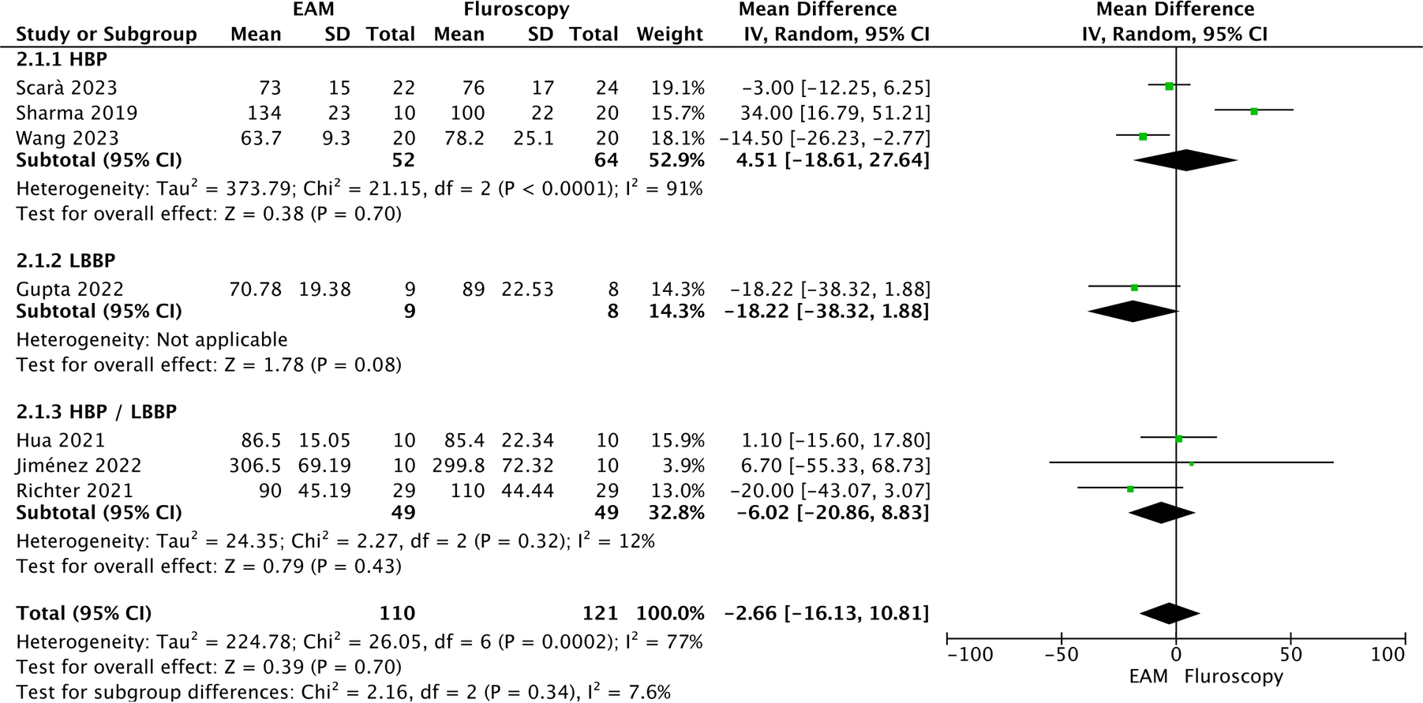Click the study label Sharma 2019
point(77,113)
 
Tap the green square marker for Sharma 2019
point(1253,111)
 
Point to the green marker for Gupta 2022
point(1134,288)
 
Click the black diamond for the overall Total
point(1170,613)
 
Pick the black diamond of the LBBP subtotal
point(1133,311)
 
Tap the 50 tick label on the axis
point(1290,654)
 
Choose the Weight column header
point(669,34)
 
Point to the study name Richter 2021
point(75,491)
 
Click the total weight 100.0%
point(670,613)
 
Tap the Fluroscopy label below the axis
point(1234,676)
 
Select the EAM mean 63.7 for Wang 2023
point(260,138)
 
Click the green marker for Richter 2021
point(1130,489)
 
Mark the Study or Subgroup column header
point(107,34)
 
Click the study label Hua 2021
point(60,440)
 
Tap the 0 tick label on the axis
point(1176,654)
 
